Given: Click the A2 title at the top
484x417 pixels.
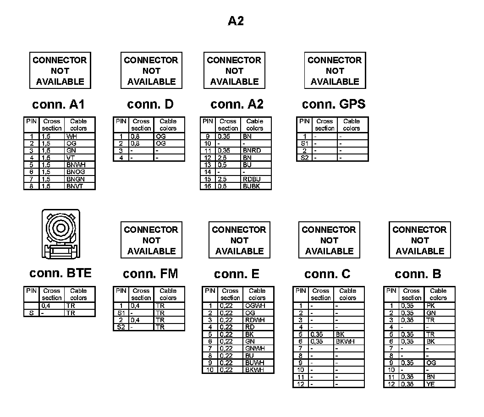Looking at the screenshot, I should (236, 21).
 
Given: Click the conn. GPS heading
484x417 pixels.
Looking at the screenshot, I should (334, 104).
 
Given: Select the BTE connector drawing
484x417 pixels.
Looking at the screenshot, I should (60, 234).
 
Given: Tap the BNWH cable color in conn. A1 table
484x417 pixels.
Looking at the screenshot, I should (76, 165).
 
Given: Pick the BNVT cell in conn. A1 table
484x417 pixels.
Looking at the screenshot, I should (75, 186).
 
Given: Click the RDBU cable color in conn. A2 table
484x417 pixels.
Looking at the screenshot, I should (252, 179).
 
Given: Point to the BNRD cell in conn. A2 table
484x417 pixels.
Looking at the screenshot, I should (252, 151).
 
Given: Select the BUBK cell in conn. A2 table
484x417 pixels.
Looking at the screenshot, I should (252, 186).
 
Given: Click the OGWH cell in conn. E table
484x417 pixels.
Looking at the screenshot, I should (255, 306).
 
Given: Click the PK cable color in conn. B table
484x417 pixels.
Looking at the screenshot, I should (430, 306).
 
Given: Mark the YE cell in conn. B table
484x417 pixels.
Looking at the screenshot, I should (430, 384).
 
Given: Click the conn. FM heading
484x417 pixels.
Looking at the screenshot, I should (150, 274).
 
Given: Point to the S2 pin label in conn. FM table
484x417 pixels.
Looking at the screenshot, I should (121, 327).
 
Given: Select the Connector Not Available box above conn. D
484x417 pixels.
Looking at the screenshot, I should (151, 71).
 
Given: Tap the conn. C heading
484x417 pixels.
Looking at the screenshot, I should (327, 274).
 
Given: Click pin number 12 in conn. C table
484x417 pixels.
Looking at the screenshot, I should (301, 384).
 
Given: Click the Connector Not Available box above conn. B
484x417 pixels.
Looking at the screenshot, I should (420, 240).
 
